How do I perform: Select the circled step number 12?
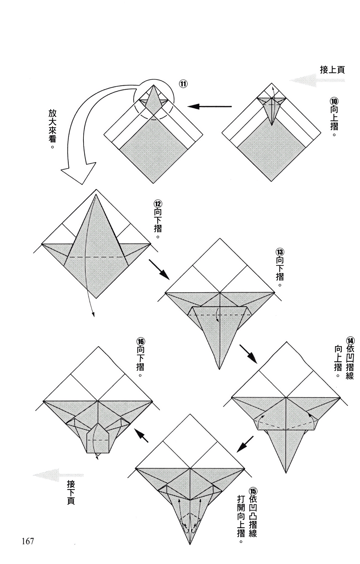158,203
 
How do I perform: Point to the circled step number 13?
280,251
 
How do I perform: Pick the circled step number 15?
253,491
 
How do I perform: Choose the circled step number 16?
141,342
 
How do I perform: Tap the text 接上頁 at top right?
332,70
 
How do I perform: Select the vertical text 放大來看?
52,128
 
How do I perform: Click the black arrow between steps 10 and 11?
209,107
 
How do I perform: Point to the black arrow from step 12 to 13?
159,270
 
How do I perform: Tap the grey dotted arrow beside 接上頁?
316,80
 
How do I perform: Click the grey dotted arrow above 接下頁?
58,475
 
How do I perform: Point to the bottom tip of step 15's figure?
190,543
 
